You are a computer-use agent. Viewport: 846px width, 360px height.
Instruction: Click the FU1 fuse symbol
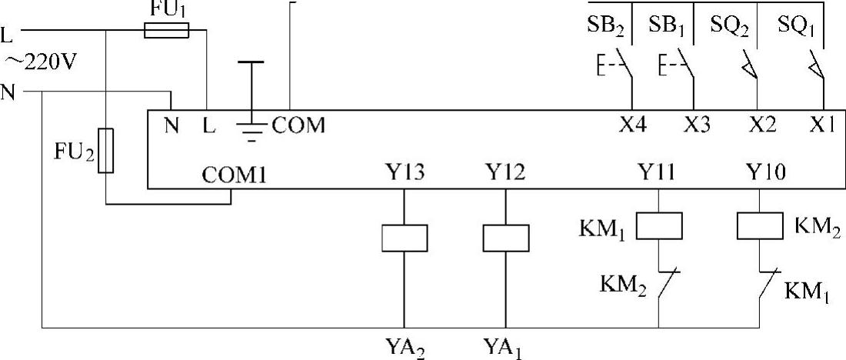(166, 31)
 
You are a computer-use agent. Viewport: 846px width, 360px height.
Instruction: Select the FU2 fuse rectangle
(107, 151)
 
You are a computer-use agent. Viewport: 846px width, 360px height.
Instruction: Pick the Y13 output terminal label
(404, 172)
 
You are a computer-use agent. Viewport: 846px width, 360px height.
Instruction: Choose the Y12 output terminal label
(505, 172)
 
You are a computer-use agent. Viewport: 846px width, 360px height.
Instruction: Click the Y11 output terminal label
(659, 172)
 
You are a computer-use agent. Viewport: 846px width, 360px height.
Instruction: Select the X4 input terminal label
(632, 125)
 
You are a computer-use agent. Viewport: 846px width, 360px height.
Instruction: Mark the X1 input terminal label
(821, 125)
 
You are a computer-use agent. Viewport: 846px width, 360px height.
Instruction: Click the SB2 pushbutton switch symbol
(624, 68)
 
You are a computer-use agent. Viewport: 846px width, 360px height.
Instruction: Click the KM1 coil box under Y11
(660, 225)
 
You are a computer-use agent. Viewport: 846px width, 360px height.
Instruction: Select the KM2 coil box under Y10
(760, 225)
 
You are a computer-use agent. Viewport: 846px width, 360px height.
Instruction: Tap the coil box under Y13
(405, 238)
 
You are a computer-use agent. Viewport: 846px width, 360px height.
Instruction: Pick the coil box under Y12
(505, 238)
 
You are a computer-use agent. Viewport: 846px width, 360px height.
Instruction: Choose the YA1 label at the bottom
(505, 344)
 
